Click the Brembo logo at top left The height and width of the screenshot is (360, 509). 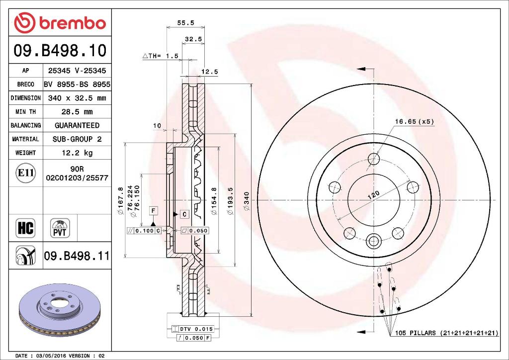coord(60,23)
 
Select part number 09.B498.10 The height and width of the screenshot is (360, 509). coord(59,50)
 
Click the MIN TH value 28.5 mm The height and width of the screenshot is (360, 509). coord(77,112)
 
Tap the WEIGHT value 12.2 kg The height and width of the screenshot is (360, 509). coord(77,153)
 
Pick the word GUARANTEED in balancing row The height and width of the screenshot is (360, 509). coord(77,125)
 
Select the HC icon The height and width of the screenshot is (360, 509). coord(25,228)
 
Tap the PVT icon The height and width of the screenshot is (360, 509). coord(60,228)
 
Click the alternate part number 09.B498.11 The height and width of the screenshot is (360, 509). coord(77,256)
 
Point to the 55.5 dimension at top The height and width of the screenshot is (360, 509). coord(185,22)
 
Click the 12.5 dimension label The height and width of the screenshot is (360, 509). coord(209,72)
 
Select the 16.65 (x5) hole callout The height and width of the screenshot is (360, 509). coord(415,121)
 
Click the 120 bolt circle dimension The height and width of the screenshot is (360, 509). coord(373,195)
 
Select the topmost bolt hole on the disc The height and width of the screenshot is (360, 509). coord(373,159)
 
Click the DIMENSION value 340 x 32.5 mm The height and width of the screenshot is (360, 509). coord(77,98)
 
